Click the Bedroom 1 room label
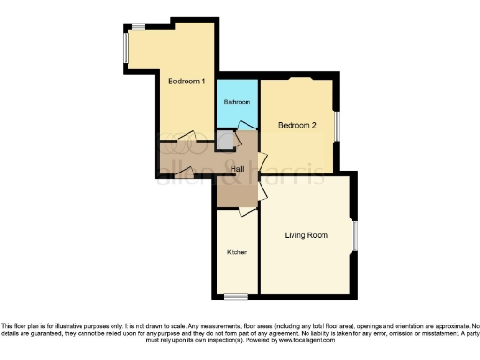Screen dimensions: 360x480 point(186,82)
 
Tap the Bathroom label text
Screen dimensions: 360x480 point(236,101)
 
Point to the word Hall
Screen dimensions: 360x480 point(237,168)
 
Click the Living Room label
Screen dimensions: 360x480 point(306,234)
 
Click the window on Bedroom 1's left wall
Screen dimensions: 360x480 point(126,48)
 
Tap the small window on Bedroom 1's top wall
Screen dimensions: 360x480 point(138,25)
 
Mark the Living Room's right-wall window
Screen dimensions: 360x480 point(354,235)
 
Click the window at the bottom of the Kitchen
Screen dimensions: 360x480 point(234,297)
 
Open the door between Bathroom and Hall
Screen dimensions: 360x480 point(246,127)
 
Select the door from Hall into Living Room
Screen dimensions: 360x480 point(262,191)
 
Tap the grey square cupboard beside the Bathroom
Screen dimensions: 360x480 point(224,140)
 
